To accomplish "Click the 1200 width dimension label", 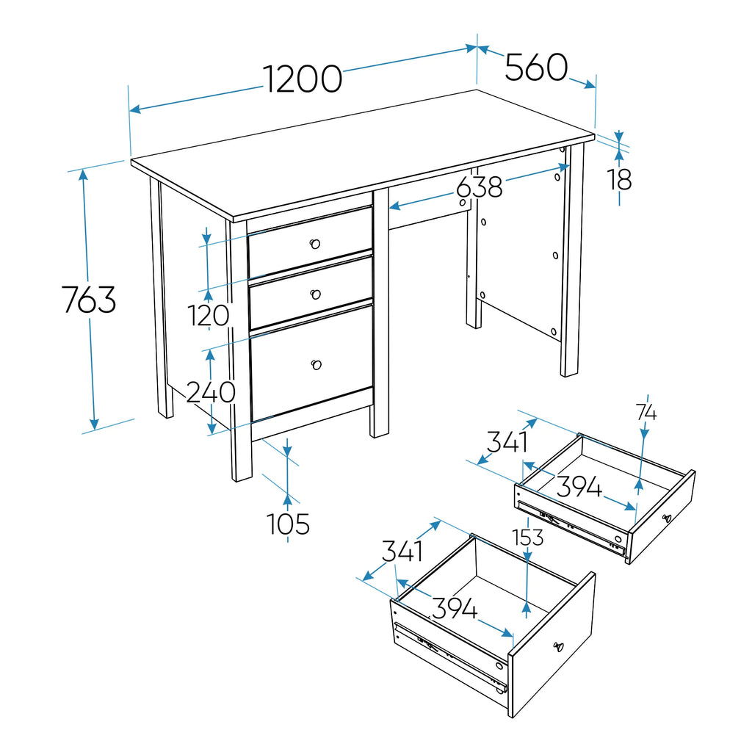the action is (303, 79).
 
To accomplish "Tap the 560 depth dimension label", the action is (536, 67).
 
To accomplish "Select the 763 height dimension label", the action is (89, 300).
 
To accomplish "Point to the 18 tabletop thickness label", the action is (620, 180).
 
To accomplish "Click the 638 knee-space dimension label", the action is (479, 187).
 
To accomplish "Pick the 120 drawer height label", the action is (209, 316).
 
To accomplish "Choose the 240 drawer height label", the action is (211, 392).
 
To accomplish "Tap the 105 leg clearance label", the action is (288, 524).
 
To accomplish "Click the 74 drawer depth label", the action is (646, 413).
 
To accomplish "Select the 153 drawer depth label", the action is (527, 538).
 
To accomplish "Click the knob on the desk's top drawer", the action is (314, 244).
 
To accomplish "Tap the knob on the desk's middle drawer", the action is (315, 294).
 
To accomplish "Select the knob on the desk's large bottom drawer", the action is (316, 365).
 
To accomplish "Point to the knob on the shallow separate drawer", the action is (667, 518).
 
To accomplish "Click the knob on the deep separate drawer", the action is (558, 647).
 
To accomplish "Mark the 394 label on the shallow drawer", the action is (579, 487).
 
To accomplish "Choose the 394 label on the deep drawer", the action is (454, 608).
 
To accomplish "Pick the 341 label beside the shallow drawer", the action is (507, 441).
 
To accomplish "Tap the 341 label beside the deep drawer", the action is (402, 551).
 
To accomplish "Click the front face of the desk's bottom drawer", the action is (311, 364).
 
